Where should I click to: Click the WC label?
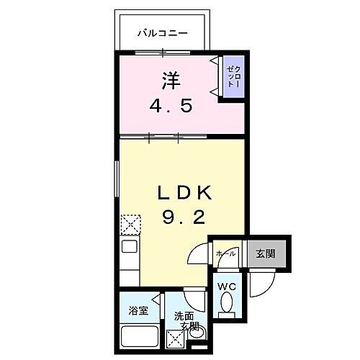(x=227, y=287)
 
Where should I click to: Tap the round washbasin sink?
(x=197, y=333)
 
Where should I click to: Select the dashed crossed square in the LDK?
(x=130, y=225)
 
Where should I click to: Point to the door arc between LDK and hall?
(x=197, y=256)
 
